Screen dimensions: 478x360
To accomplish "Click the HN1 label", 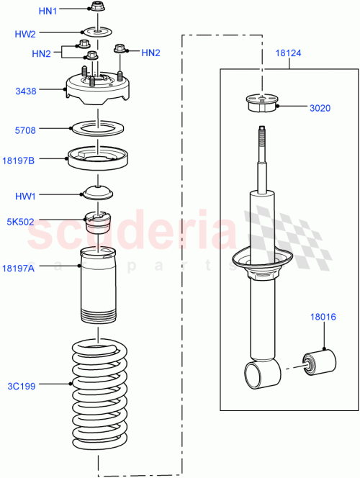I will click(x=47, y=11).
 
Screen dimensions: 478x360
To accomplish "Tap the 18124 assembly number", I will click(x=291, y=52).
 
